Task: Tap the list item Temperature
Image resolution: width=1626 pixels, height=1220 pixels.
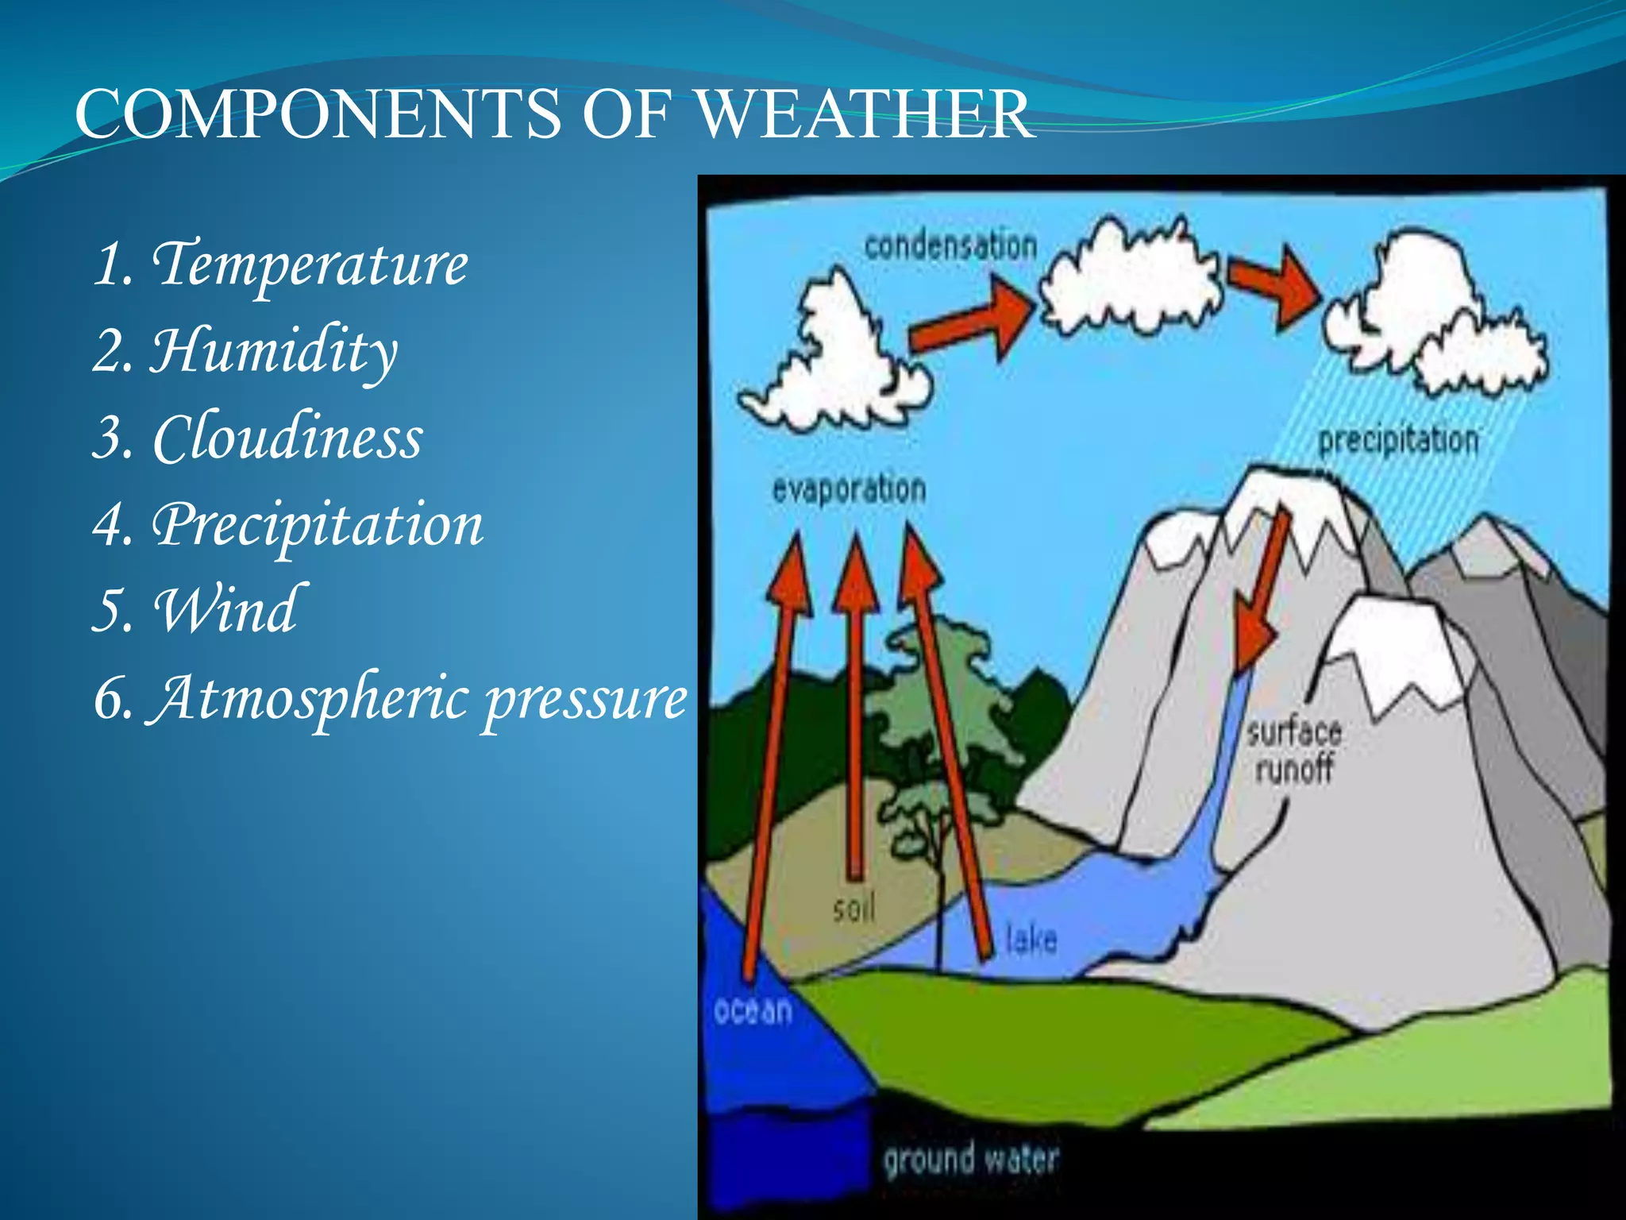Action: (310, 264)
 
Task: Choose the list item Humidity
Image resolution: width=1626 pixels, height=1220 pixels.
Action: (274, 351)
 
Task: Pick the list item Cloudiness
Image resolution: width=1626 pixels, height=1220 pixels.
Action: (287, 438)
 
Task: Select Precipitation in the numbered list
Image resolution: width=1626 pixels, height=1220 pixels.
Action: (318, 525)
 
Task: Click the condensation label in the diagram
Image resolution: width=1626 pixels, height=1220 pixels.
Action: (950, 245)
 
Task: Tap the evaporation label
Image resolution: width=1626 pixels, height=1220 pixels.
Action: (849, 489)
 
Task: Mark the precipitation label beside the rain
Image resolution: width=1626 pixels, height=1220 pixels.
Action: (1398, 440)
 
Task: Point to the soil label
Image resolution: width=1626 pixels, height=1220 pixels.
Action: (854, 907)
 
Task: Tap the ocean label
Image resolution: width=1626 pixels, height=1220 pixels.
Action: (753, 1010)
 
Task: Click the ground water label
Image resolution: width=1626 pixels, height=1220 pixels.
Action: (970, 1159)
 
